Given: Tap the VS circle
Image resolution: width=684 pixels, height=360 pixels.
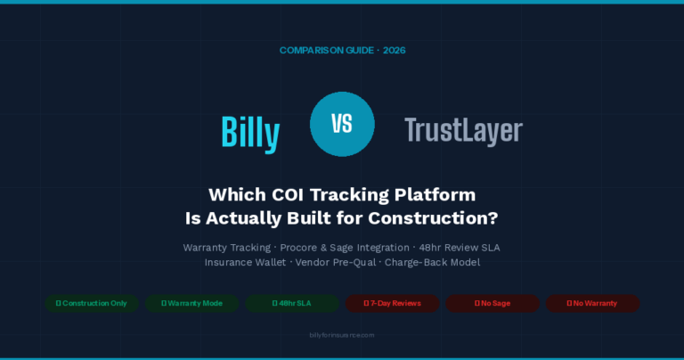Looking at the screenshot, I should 342,125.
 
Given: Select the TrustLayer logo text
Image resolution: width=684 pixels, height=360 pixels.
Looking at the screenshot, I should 462,131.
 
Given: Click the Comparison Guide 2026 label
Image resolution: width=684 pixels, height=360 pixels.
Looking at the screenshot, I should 342,51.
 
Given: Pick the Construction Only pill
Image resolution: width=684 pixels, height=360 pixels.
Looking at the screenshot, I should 92,304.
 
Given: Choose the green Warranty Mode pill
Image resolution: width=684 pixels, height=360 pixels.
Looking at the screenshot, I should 191,304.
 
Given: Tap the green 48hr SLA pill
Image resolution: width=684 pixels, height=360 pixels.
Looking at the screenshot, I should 291,304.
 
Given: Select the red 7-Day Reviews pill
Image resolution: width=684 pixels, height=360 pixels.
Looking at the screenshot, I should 392,304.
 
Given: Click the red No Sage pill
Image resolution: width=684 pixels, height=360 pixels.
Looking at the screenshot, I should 492,304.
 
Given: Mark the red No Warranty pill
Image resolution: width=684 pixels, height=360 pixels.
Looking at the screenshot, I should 592,304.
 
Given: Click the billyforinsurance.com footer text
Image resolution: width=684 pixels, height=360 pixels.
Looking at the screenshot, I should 342,335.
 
